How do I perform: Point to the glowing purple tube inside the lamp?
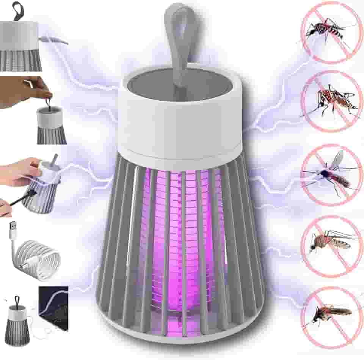pos(178,235)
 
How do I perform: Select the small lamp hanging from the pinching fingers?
pos(51,125)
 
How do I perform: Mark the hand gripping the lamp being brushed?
pos(19,171)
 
